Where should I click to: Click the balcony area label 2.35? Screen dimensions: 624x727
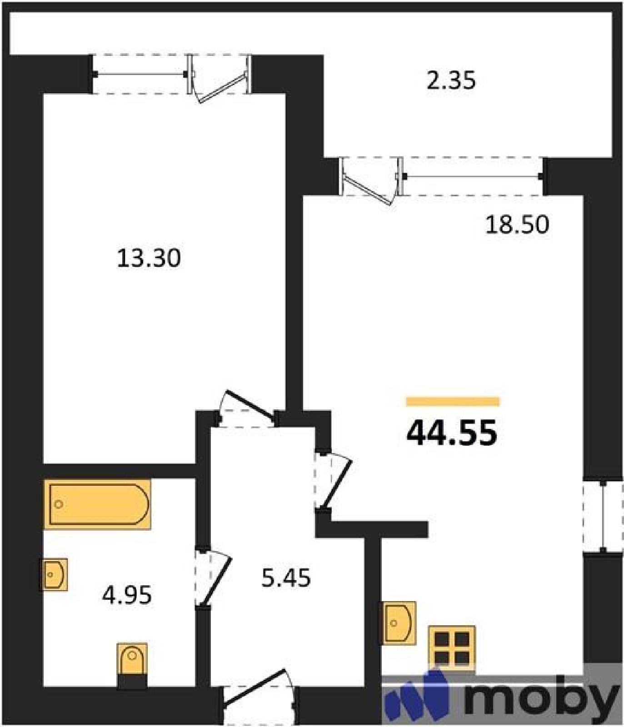coord(451,80)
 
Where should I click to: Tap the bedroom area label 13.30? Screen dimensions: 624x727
coord(149,258)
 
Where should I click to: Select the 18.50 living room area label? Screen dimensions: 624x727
coord(517,224)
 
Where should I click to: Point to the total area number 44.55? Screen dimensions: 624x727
coord(452,433)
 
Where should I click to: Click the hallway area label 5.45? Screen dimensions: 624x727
coord(286,578)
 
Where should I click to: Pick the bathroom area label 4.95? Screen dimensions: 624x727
coord(127,595)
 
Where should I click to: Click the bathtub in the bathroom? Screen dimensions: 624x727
coord(97,504)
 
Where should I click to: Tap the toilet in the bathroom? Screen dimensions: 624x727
coord(132,665)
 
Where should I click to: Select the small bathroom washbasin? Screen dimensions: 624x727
coord(54,574)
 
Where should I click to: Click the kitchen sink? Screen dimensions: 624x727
coord(399,623)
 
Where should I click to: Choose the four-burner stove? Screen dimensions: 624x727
coord(452,647)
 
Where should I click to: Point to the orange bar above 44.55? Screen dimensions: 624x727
coord(453,401)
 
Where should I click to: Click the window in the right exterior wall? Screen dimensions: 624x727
coord(603,517)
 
